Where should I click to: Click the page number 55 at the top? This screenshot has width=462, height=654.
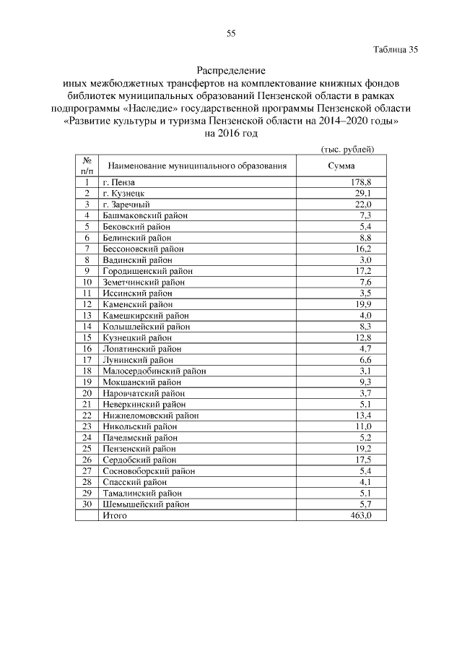tap(231, 33)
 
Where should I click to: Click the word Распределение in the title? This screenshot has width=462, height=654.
tap(231, 71)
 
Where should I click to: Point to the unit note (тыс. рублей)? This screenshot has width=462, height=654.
tap(346, 149)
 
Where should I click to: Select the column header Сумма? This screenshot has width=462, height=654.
tap(341, 165)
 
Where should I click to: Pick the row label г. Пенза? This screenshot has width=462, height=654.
tap(119, 182)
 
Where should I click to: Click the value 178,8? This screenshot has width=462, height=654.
tap(360, 182)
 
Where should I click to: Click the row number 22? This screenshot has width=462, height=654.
tap(87, 415)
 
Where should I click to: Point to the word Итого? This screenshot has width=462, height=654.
tap(115, 515)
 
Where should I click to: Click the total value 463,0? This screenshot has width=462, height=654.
tap(359, 515)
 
